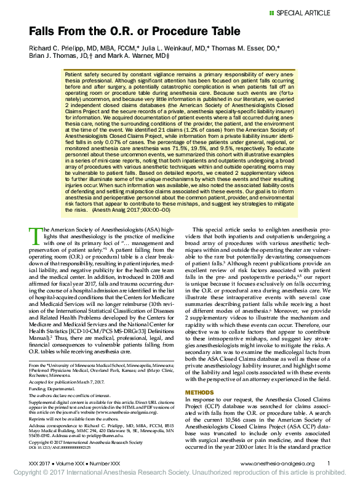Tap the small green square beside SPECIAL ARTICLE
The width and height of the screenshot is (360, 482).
click(x=271, y=13)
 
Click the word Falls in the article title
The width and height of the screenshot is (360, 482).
click(x=44, y=30)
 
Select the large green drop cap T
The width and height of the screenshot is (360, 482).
click(x=35, y=235)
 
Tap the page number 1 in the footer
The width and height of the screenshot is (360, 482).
click(x=328, y=463)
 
